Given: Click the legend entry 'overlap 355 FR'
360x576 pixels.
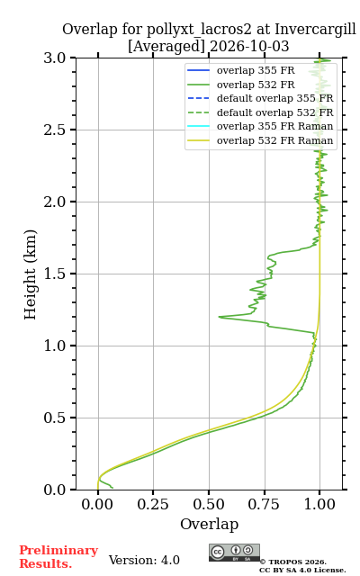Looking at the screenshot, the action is click(256, 70).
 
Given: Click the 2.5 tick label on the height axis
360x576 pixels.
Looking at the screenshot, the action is click(54, 130).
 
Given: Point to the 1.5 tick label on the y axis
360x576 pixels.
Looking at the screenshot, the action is click(54, 274).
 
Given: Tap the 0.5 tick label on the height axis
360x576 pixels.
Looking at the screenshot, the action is click(54, 418).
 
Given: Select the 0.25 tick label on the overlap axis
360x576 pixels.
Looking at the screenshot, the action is click(153, 505).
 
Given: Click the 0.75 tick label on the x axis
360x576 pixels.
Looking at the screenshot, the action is click(264, 505).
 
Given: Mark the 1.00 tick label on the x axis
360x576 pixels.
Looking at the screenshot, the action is click(319, 505).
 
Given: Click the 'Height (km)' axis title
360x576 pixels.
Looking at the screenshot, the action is click(30, 274).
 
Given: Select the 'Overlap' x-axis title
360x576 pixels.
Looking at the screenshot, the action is click(210, 524).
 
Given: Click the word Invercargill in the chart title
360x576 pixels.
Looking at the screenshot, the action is click(315, 29).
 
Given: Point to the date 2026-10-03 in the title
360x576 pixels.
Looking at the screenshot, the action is click(249, 47).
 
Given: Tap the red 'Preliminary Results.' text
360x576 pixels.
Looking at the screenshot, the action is click(58, 557).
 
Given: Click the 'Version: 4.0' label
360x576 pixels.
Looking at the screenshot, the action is click(144, 560).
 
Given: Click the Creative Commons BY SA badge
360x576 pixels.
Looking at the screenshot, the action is click(234, 553).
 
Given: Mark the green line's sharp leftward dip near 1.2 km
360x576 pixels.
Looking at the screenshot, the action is click(220, 316).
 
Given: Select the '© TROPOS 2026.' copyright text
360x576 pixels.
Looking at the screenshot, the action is click(292, 562).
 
